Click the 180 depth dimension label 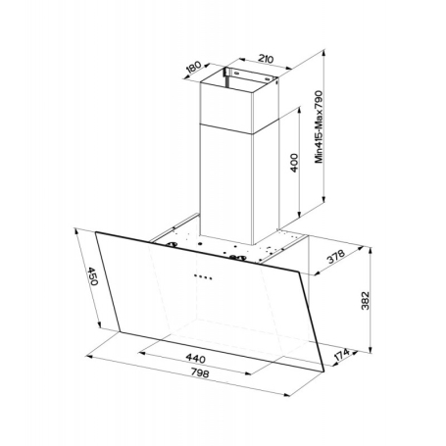[x=193, y=70]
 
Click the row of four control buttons [x=205, y=276]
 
